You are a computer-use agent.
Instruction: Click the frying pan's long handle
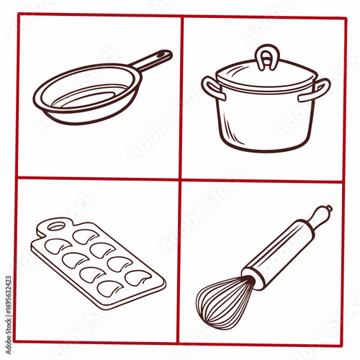(x=151, y=62)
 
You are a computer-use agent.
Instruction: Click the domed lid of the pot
(x=266, y=75)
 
